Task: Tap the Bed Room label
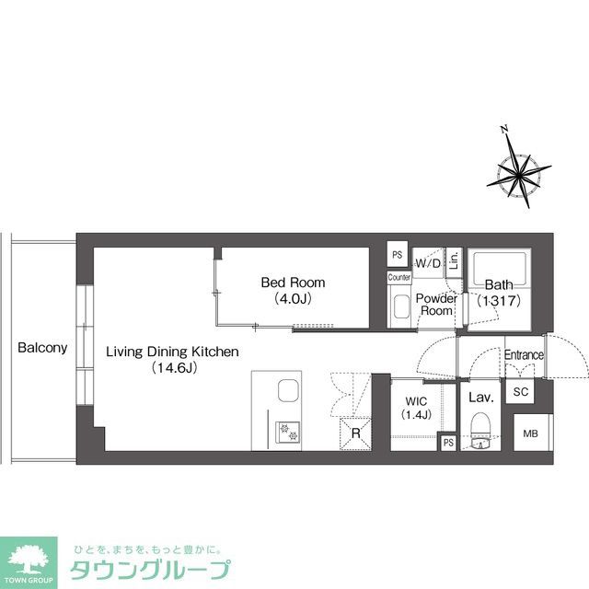click(x=293, y=283)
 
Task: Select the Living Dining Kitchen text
click(x=172, y=352)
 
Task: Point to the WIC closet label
click(x=416, y=398)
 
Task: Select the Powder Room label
click(x=436, y=305)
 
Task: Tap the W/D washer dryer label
click(x=428, y=264)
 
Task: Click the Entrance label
click(x=524, y=355)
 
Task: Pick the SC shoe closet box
click(x=521, y=392)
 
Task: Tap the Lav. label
click(x=481, y=398)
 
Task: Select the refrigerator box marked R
click(x=355, y=434)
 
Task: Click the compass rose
click(x=518, y=170)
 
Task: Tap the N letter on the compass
click(x=502, y=130)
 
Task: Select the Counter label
click(x=398, y=277)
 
